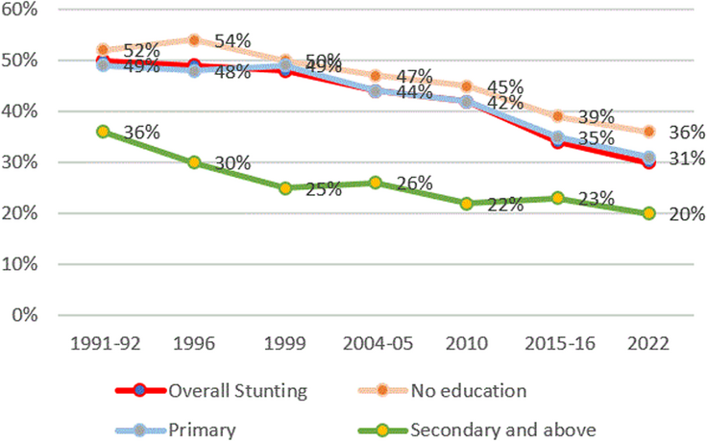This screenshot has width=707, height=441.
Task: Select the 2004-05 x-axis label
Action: point(374,342)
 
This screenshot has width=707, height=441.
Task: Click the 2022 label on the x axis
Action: point(649,342)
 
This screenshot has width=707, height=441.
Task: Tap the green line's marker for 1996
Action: point(195,162)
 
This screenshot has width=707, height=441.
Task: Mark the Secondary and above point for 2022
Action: point(649,213)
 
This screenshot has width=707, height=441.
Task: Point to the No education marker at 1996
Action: point(195,40)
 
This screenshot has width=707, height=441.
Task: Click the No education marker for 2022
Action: point(649,132)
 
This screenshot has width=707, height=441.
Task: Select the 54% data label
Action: point(232,40)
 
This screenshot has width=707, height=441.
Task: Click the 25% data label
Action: point(324,189)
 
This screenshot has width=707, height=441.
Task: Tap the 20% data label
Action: point(686,213)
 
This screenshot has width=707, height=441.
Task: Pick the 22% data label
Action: point(503,204)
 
